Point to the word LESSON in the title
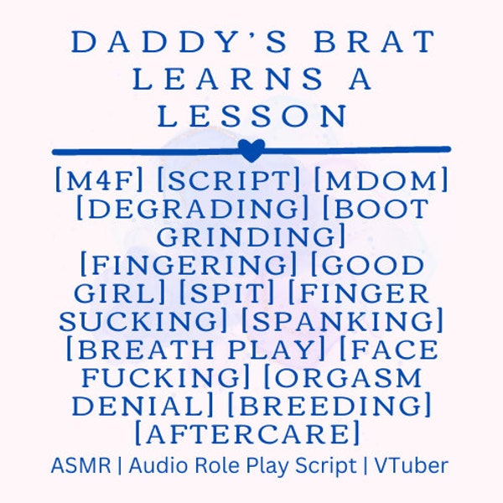click(x=251, y=117)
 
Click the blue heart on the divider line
click(x=251, y=150)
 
